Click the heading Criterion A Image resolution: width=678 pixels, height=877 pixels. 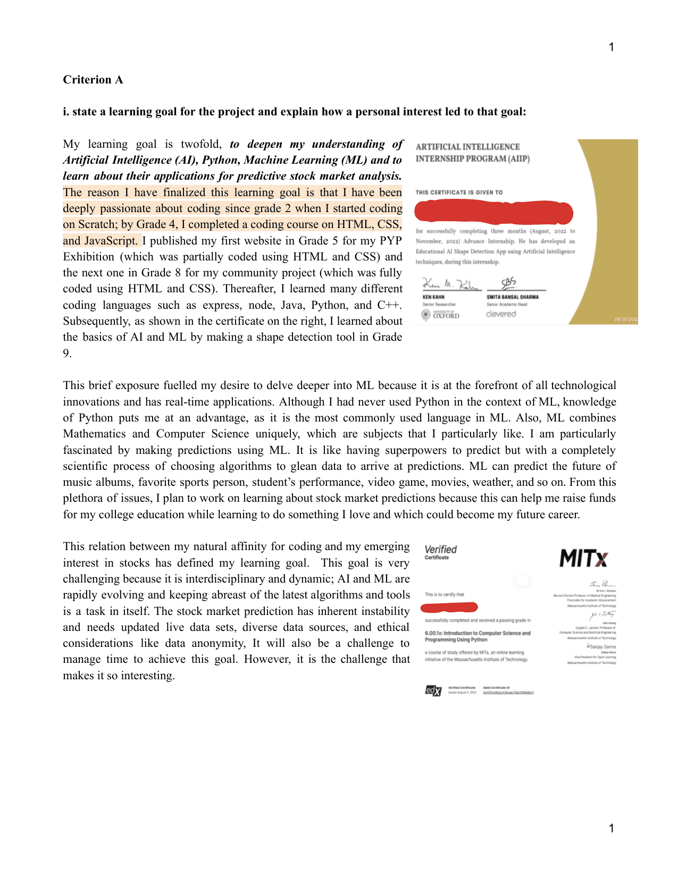pos(93,80)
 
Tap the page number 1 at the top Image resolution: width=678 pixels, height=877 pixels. pos(611,47)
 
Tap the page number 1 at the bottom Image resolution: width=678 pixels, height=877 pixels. pos(611,828)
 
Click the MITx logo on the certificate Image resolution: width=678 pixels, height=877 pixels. pos(583,559)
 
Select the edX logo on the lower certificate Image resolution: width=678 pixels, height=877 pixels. pos(433,690)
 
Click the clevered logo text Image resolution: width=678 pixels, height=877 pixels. pos(501,314)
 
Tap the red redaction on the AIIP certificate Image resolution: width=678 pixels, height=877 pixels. pos(493,212)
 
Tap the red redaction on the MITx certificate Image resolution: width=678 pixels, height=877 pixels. pos(449,607)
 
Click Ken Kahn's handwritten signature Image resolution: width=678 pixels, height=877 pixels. pos(451,284)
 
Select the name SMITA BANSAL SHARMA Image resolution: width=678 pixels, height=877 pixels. pos(513,297)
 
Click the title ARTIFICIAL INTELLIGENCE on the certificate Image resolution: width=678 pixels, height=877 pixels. pos(467,147)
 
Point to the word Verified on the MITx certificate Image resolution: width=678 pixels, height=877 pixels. pos(440,549)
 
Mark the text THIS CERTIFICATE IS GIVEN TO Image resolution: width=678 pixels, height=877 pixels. pos(459,192)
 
